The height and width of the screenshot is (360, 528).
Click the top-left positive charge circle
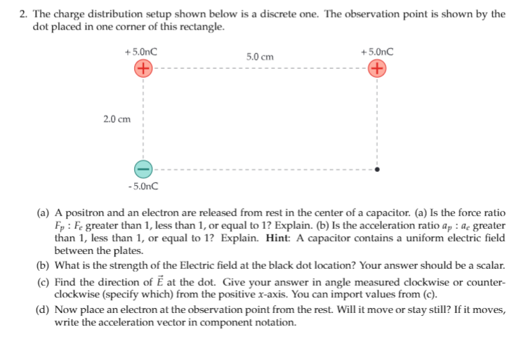click(143, 69)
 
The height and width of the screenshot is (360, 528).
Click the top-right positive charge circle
click(377, 69)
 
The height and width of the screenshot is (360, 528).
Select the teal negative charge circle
click(143, 169)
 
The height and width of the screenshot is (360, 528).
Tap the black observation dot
click(377, 169)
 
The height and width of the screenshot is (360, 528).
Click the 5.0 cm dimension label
click(260, 56)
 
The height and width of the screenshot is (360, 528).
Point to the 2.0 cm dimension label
click(117, 119)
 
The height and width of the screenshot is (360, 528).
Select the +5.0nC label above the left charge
click(140, 51)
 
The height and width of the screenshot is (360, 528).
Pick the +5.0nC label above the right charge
click(376, 51)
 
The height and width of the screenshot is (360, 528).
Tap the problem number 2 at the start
click(23, 14)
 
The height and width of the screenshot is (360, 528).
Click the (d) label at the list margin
click(44, 310)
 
